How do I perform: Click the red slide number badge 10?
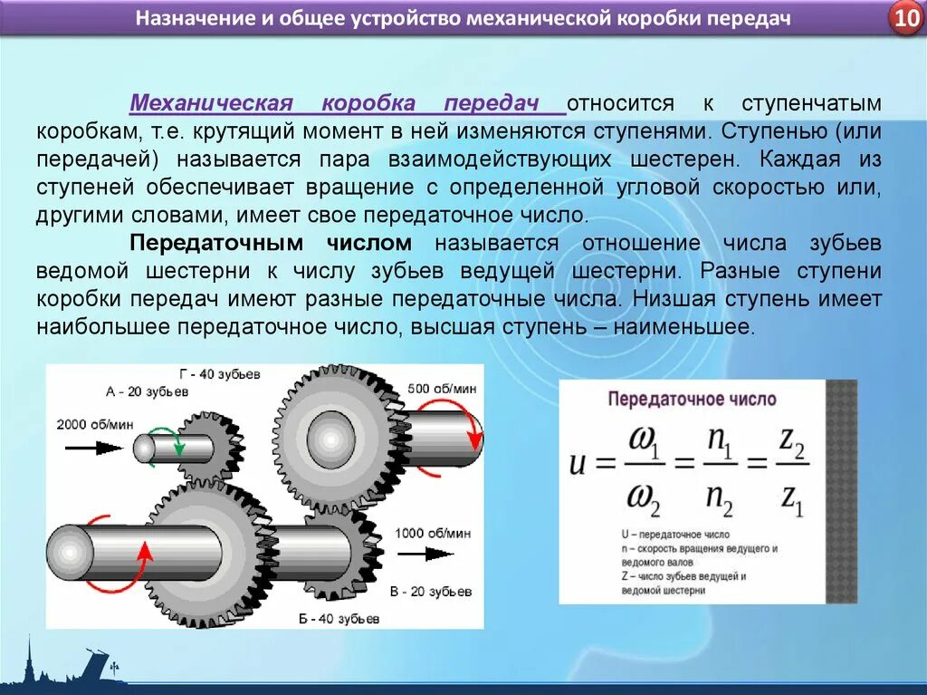[905, 19]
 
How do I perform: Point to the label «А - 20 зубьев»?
[147, 391]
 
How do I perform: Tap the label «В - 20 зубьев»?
[431, 592]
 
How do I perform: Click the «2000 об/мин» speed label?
[96, 424]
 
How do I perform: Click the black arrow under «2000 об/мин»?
[94, 447]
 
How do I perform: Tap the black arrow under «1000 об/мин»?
[426, 553]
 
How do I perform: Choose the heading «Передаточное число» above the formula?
[692, 399]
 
